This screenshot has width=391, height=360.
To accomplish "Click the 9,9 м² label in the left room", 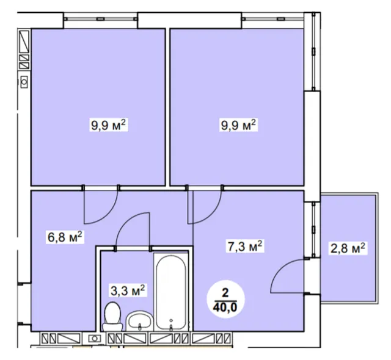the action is (x=109, y=125).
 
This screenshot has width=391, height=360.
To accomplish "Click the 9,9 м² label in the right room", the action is (x=238, y=125).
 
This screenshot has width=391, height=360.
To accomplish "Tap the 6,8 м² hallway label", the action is (x=65, y=237).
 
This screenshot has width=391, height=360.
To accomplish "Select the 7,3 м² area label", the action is (x=244, y=247).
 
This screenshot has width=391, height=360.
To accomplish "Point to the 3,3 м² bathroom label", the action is (x=128, y=290).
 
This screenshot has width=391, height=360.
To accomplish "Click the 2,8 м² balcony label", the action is (x=348, y=248).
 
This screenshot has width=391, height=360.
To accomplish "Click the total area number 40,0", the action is (x=225, y=308).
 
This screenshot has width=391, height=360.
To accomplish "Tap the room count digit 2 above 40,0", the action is (x=225, y=293).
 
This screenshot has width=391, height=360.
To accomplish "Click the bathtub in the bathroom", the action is (x=171, y=292).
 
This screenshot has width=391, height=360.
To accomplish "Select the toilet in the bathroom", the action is (x=112, y=317).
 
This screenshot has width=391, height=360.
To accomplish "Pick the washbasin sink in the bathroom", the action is (x=139, y=321).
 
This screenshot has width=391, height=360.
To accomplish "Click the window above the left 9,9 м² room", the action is (x=100, y=19).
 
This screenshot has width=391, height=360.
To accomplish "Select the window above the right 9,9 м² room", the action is (x=273, y=19).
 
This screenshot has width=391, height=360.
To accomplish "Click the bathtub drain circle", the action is (x=171, y=320).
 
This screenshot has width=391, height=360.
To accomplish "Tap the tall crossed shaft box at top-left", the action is (x=24, y=41).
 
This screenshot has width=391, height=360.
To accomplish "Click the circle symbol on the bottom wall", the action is (x=94, y=339).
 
